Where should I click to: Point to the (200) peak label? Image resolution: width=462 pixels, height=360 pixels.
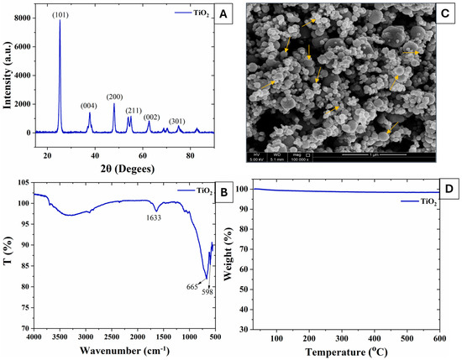tap(115, 97)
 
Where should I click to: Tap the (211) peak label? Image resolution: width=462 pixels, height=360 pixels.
tap(134, 110)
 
